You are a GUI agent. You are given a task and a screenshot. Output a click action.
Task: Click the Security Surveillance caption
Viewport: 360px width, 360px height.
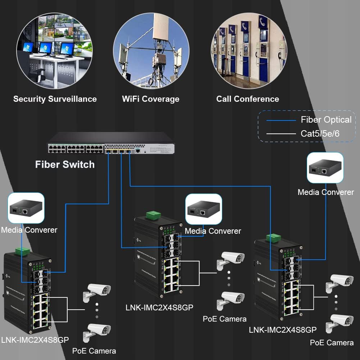[55, 99]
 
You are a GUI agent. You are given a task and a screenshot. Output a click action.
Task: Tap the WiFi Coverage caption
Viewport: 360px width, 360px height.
[151, 99]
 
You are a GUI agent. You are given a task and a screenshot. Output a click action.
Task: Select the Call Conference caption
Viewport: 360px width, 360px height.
[247, 99]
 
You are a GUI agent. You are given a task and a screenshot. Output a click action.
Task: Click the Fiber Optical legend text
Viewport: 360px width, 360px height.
[326, 120]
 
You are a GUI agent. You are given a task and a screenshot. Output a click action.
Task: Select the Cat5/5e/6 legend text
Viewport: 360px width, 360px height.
[320, 134]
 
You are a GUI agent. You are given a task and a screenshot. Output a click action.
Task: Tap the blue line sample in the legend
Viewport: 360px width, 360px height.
[281, 120]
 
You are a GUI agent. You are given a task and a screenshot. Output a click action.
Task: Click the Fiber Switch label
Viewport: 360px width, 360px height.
[65, 165]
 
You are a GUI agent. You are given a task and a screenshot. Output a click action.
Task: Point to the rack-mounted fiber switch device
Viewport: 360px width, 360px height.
[111, 143]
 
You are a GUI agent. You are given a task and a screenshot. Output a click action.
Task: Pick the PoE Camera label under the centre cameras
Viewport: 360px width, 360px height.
[224, 319]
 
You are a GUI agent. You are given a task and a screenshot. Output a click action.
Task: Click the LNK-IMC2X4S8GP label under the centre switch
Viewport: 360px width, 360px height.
[159, 307]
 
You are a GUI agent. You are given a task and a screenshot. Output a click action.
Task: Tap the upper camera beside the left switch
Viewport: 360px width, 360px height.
[97, 291]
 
